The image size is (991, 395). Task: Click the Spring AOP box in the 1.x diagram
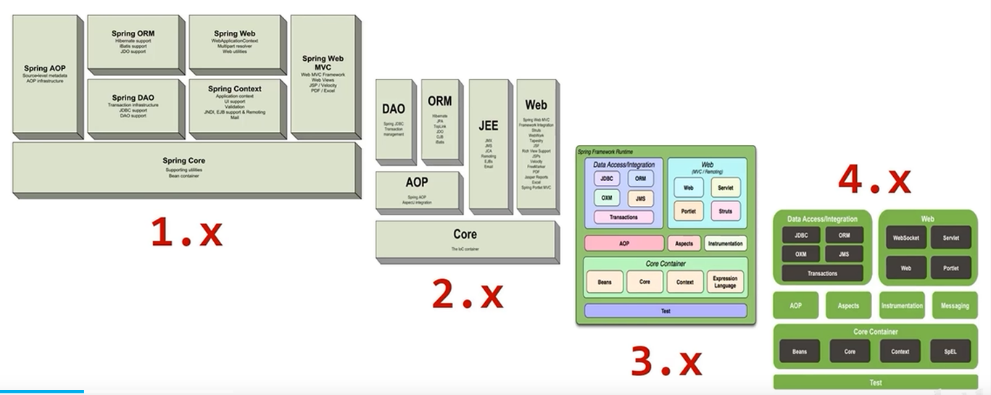(x=46, y=74)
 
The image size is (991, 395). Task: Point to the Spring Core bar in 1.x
(x=185, y=167)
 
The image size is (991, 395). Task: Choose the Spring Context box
(x=235, y=102)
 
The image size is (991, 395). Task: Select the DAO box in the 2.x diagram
(x=394, y=120)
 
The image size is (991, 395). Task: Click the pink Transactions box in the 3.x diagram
(x=623, y=217)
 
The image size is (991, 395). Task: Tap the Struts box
(x=726, y=211)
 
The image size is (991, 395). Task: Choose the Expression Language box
(x=725, y=282)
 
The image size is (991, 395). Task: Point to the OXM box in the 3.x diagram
(x=606, y=198)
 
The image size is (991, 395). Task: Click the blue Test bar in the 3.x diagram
(x=665, y=311)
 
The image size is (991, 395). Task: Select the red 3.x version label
(x=665, y=362)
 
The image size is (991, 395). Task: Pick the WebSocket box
(x=906, y=238)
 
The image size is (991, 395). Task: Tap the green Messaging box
(x=955, y=306)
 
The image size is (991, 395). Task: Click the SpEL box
(x=950, y=352)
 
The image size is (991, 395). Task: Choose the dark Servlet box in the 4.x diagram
(x=950, y=238)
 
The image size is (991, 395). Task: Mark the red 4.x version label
(x=874, y=179)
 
